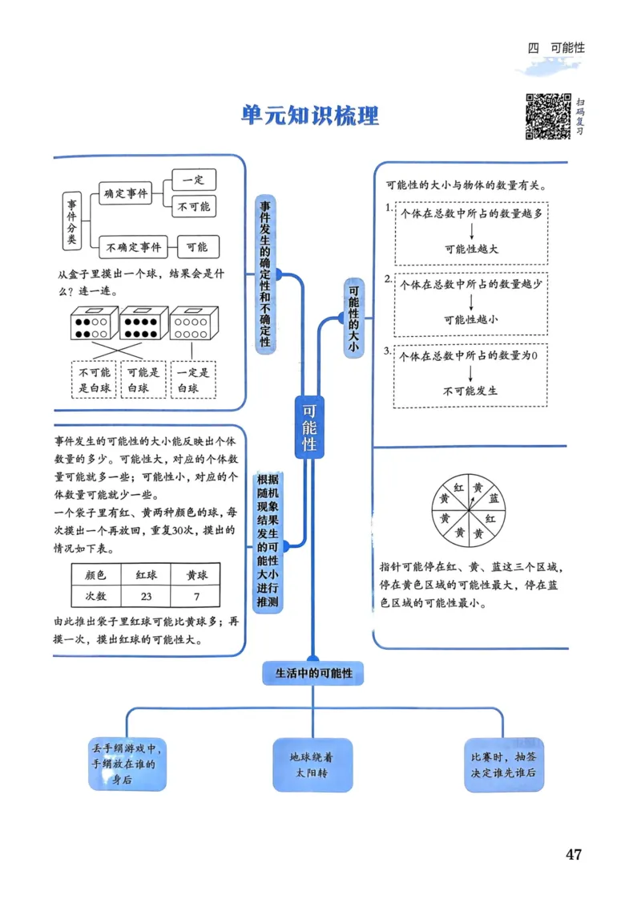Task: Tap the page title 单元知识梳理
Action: click(x=310, y=115)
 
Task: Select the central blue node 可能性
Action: click(x=309, y=428)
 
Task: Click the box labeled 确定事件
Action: click(x=126, y=193)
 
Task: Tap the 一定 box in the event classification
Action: click(x=193, y=180)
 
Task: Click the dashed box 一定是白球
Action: click(x=193, y=380)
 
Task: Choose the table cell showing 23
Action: click(x=146, y=597)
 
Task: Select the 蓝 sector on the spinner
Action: click(x=494, y=498)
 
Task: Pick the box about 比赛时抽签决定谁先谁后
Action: click(x=504, y=765)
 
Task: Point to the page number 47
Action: click(x=573, y=854)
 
